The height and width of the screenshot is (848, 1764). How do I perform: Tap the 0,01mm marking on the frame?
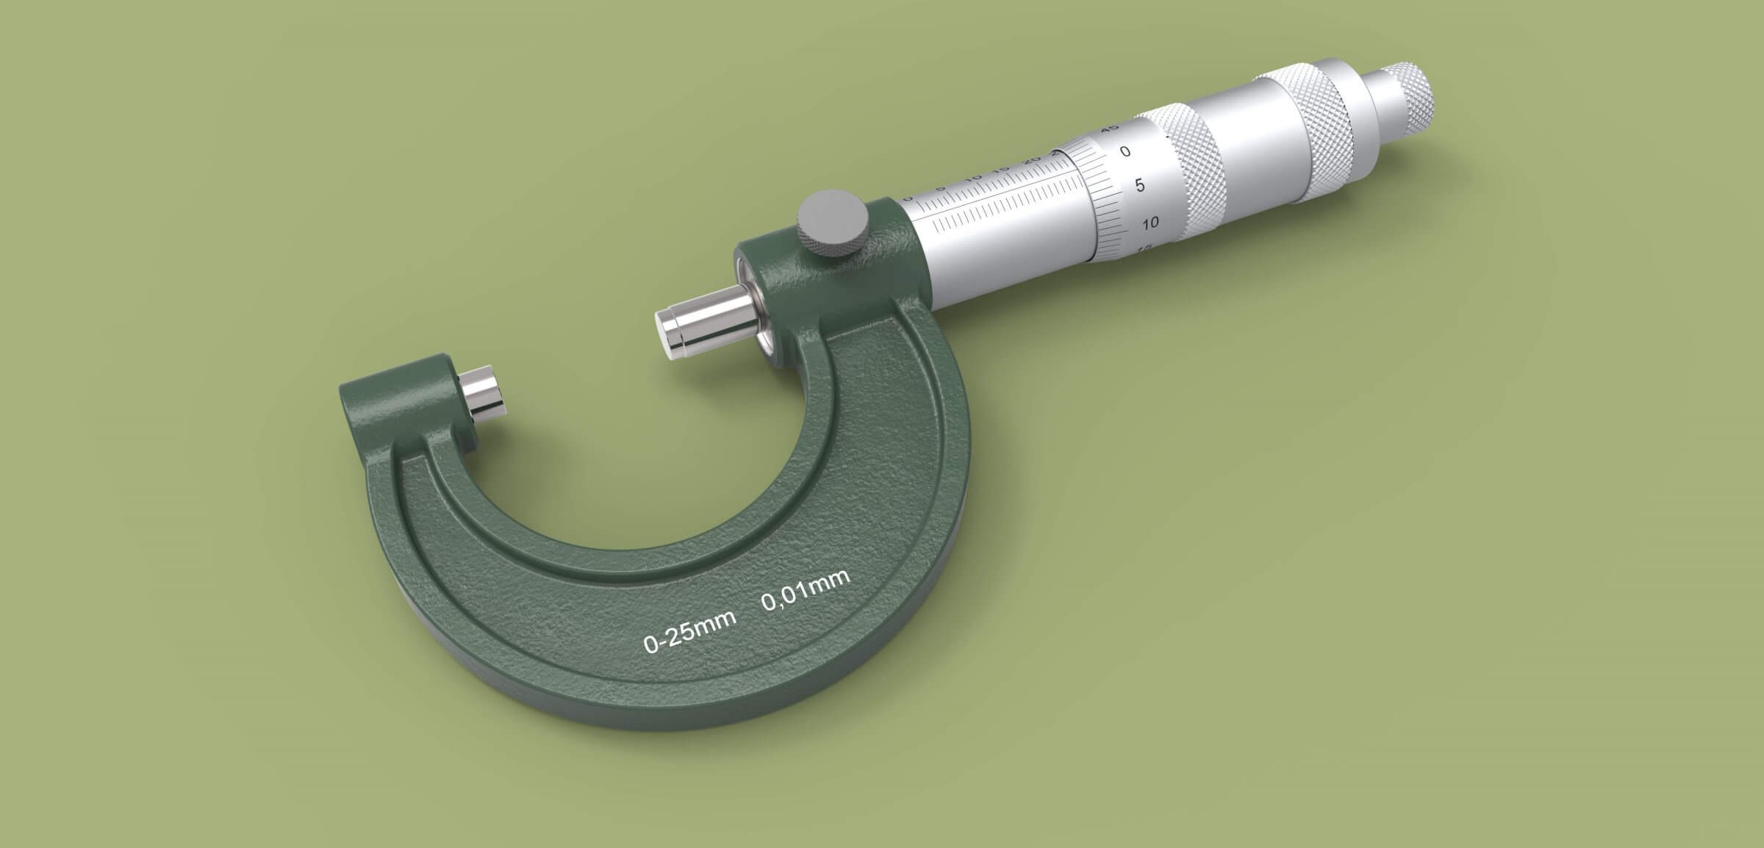pos(806,589)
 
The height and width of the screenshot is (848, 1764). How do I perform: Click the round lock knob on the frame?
pos(831,223)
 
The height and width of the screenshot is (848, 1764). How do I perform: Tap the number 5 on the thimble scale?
pos(1140,185)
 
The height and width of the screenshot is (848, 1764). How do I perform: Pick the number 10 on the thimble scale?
pos(1150,223)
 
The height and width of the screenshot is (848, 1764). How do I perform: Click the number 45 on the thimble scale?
pos(1110,129)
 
